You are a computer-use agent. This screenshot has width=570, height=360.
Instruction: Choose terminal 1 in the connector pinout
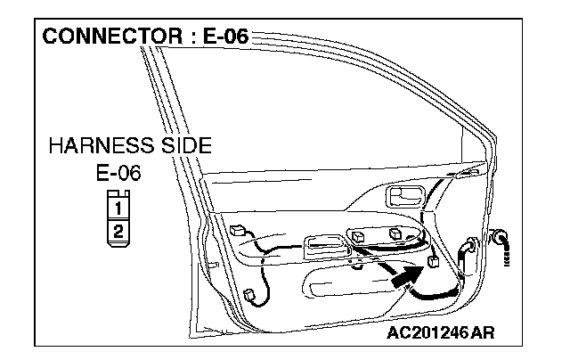click(x=118, y=209)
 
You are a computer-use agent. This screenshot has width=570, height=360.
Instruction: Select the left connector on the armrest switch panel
click(x=358, y=237)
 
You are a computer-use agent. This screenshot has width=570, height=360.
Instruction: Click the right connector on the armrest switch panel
click(x=395, y=234)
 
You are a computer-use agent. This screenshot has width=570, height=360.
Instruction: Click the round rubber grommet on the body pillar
click(x=499, y=237)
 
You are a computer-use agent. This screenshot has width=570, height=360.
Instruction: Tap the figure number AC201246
click(x=426, y=333)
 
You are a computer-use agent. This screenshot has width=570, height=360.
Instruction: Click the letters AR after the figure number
click(x=482, y=333)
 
